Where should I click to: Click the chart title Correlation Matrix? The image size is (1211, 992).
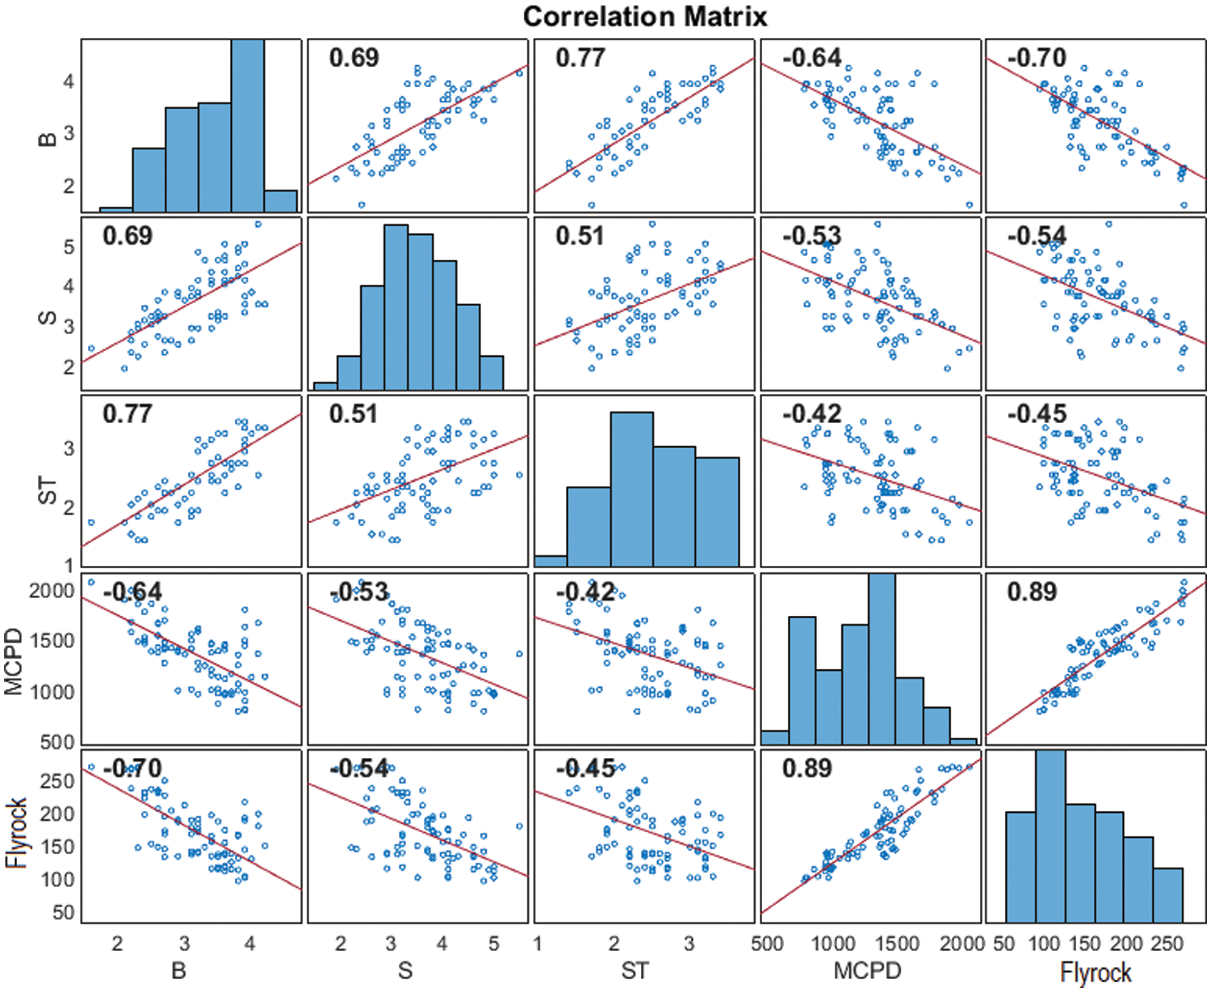coord(645,17)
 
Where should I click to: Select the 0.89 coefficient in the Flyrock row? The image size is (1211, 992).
coord(807,768)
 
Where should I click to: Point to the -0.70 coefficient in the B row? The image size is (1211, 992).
coord(1037,57)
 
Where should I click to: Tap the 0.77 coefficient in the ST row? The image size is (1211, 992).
coord(127,413)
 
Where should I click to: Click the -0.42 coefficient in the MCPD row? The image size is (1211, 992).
coord(585,592)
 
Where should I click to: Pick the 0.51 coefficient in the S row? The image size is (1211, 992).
coord(580,236)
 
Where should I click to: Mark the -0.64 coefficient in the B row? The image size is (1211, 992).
coord(811,57)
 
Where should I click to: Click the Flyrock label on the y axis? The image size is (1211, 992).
coord(17,834)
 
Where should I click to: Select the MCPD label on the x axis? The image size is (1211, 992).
coord(867,969)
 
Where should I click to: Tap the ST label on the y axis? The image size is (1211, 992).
coord(47,490)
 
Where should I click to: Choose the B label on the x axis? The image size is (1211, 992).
coord(179,969)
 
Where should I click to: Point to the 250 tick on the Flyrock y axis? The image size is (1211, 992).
coord(57,781)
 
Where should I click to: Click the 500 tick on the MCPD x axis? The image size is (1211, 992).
coord(767,944)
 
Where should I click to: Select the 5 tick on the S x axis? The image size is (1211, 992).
coord(494,944)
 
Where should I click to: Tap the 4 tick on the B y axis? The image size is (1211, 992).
coord(69,81)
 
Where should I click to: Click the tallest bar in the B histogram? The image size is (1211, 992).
coord(248,125)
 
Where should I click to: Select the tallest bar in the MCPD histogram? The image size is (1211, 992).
coord(882,659)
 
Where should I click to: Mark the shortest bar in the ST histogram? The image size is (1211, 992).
coord(551,560)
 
